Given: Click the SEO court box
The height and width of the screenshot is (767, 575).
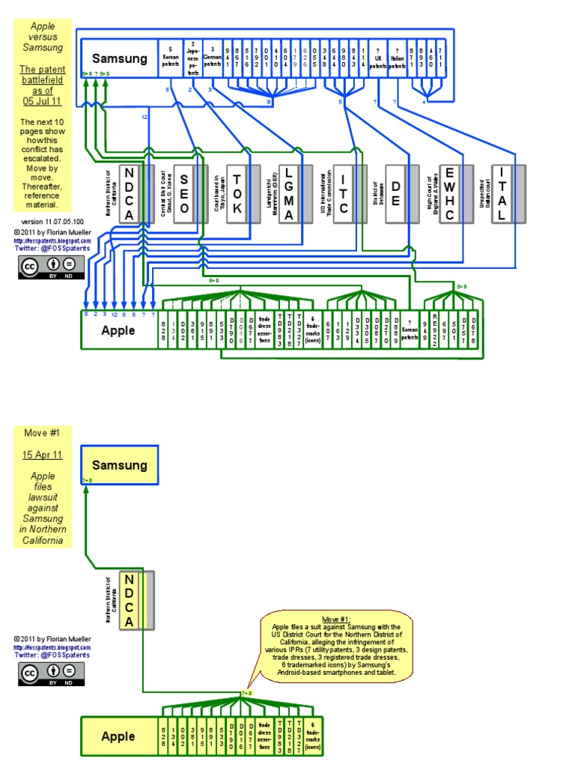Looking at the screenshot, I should tap(184, 193).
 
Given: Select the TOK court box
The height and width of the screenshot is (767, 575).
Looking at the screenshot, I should tap(237, 193).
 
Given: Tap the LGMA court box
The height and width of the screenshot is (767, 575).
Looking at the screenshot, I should tap(290, 193).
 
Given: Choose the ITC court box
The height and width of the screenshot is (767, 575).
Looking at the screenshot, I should tap(344, 193).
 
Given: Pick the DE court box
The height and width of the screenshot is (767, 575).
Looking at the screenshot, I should tap(396, 193).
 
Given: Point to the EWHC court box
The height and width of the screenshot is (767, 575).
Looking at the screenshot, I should tap(449, 193).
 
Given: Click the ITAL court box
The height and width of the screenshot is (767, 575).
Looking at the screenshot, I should tap(502, 193).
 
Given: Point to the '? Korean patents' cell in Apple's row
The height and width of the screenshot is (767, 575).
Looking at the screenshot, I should tap(409, 330).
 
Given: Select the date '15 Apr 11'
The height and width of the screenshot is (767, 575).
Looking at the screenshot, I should tap(42, 455).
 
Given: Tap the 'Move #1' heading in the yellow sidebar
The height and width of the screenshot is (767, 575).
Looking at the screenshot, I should tap(42, 433).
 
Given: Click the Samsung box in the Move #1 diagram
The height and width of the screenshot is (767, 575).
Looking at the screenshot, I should tap(119, 465).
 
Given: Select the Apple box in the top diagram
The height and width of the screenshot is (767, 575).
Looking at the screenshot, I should tap(118, 330).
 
